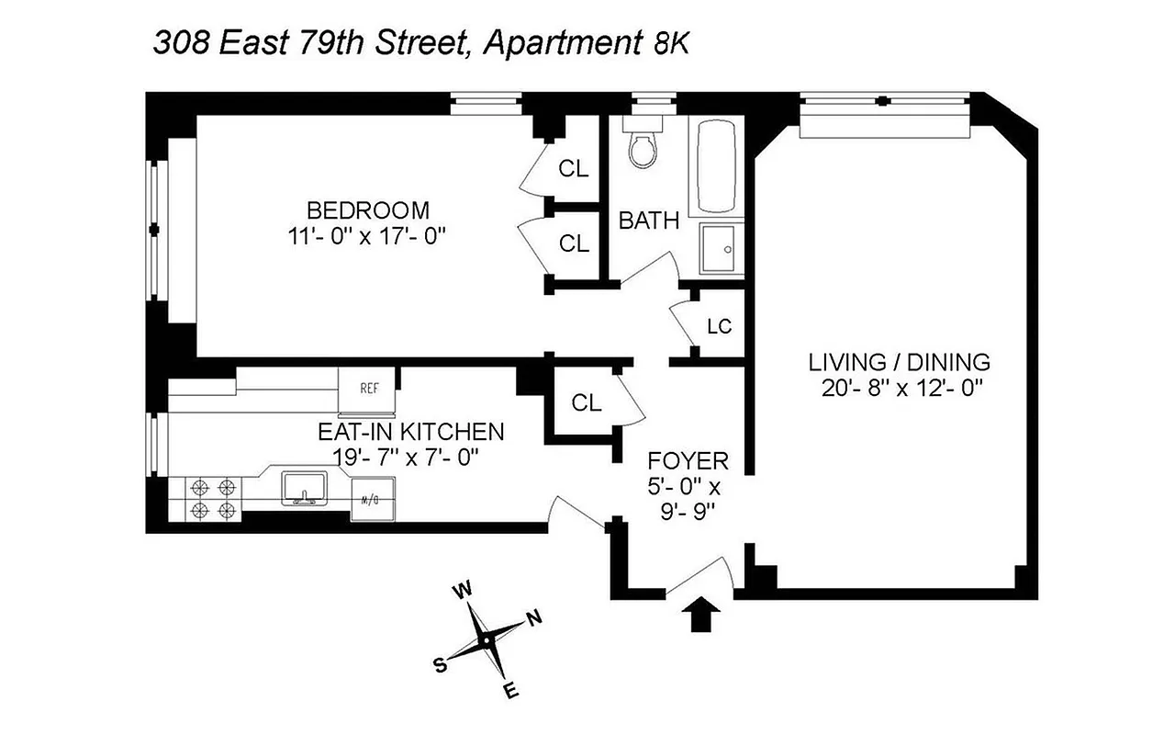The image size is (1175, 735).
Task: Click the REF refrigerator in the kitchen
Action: coord(368,387)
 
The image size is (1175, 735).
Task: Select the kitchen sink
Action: coord(301,489)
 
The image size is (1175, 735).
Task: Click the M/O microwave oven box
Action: coord(373,499)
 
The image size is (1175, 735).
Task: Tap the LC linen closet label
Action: coord(719,327)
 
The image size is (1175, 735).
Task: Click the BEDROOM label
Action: coord(368,209)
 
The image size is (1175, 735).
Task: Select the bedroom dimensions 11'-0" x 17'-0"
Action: coord(367,236)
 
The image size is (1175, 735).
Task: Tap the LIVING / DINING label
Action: coord(899,361)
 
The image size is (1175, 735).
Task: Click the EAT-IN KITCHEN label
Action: coord(410,431)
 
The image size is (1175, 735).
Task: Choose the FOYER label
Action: coord(688,460)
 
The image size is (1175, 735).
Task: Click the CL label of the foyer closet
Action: coord(586,402)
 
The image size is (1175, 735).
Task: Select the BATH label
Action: coord(649,220)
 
